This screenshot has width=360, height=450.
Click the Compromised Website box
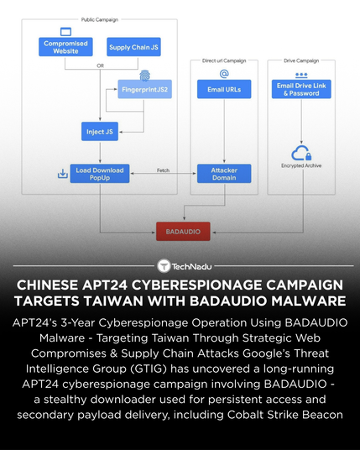point(65,47)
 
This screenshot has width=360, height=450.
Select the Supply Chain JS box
point(134,47)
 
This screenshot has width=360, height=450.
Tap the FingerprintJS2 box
point(145,89)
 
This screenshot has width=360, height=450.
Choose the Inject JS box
point(100,131)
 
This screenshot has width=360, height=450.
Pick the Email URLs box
point(223,89)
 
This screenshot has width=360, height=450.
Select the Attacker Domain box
point(223,174)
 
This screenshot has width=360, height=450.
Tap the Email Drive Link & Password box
point(301,89)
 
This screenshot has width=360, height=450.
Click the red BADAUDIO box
point(183,229)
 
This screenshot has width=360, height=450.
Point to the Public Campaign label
point(99,18)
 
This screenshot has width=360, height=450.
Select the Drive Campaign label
point(300,60)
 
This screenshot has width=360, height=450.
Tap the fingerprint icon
point(144,74)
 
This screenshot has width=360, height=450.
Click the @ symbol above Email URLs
point(223,74)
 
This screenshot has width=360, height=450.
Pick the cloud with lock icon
point(300,153)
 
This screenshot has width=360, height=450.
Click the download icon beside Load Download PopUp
point(62,174)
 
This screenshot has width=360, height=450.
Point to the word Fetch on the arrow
point(164,170)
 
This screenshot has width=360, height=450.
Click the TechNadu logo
point(180,266)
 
